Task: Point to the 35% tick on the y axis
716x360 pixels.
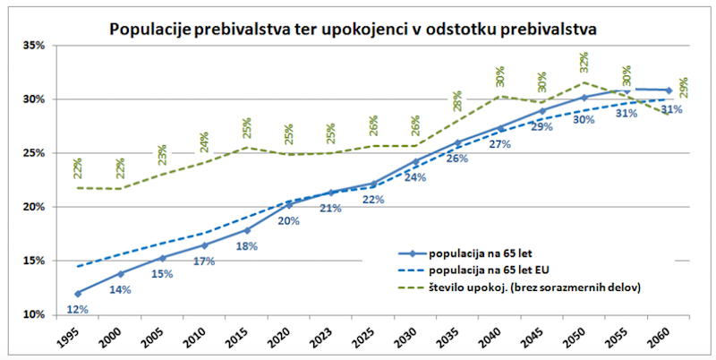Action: (x=33, y=45)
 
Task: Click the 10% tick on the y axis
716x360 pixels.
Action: (x=33, y=315)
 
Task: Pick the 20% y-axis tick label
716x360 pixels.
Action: (x=33, y=207)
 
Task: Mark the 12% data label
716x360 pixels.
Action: (x=79, y=310)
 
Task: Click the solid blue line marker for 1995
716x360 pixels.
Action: (x=79, y=293)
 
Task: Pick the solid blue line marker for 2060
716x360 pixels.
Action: (x=668, y=90)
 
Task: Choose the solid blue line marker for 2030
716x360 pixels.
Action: (x=415, y=161)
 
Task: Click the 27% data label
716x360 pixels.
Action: (x=499, y=144)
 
